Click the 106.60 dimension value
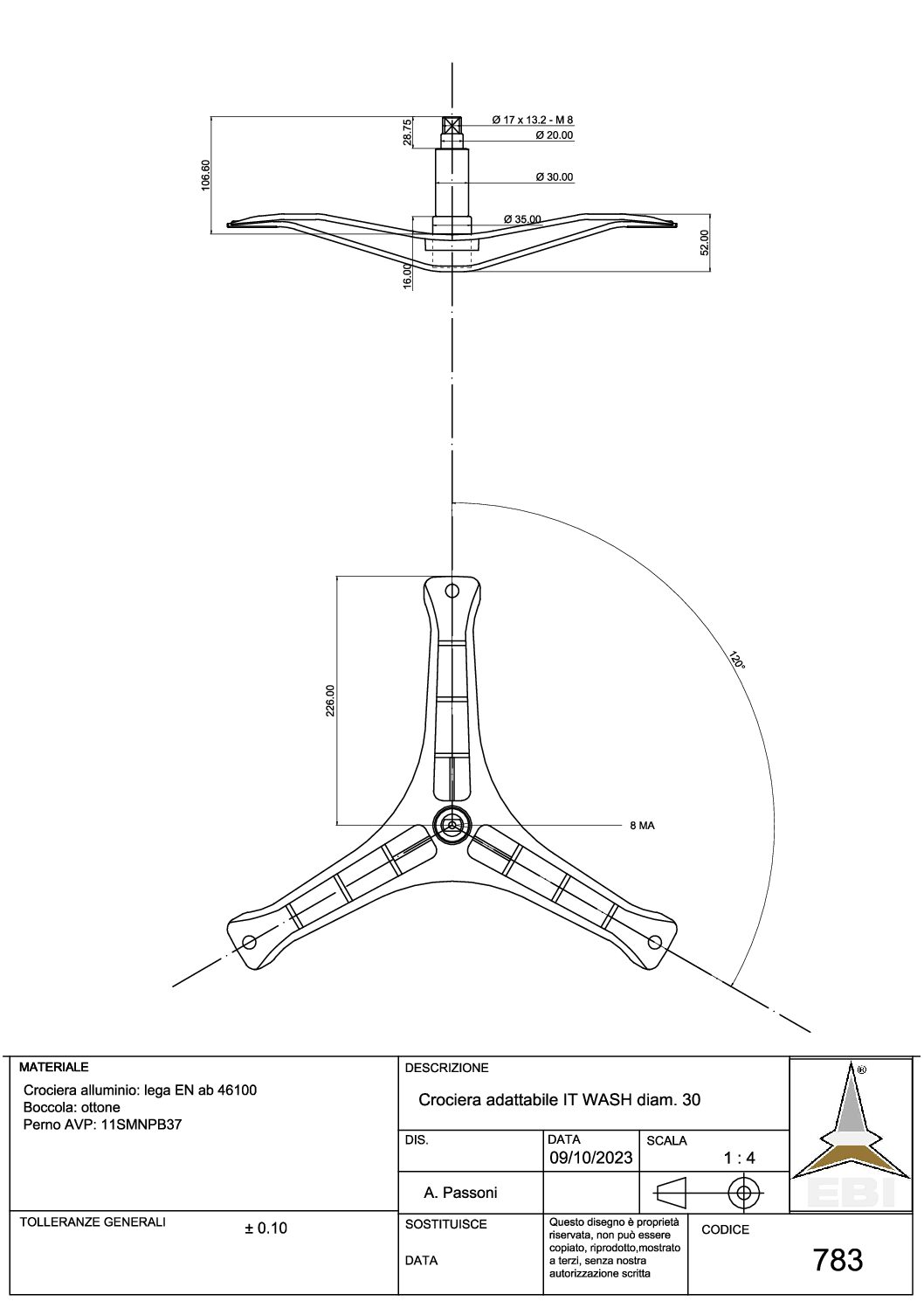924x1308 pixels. [x=205, y=175]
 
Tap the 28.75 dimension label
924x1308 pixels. [x=408, y=132]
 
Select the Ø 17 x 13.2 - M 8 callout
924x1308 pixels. [x=533, y=120]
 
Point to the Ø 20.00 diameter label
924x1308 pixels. [x=555, y=135]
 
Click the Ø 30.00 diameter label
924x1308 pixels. [x=555, y=176]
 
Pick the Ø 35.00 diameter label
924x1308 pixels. [x=522, y=219]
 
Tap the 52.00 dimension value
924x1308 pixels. [x=705, y=242]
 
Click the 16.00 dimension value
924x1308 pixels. [x=408, y=276]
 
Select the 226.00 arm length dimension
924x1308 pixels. [x=330, y=701]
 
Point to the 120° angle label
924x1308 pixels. [x=737, y=659]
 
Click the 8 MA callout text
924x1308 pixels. [x=642, y=826]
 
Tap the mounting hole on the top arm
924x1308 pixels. [x=452, y=591]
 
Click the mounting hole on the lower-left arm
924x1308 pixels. [x=249, y=942]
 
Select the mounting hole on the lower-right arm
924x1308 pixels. [x=655, y=941]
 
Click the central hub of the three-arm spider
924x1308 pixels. [x=452, y=825]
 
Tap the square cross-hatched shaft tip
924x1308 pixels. [x=452, y=126]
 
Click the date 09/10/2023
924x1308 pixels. [x=591, y=1158]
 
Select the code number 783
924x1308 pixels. [x=838, y=1260]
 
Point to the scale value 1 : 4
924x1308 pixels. [x=740, y=1158]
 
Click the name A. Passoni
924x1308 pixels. [x=460, y=1193]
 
